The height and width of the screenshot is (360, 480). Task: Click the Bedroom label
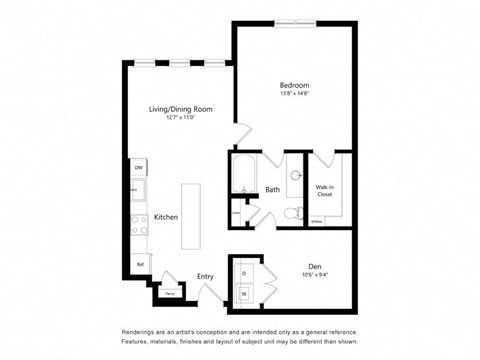tap(294, 86)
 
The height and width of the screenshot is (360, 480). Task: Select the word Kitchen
tap(166, 217)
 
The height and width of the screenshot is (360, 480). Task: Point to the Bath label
tap(272, 190)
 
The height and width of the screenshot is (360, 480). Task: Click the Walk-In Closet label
tap(325, 191)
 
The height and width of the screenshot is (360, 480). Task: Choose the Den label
tap(315, 266)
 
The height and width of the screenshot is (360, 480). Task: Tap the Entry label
tap(206, 277)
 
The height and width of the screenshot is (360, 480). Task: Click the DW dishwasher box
tap(139, 167)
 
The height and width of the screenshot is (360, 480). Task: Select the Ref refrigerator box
tap(140, 265)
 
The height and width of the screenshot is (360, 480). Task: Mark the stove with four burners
tap(140, 226)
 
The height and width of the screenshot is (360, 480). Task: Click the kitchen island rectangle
tap(191, 216)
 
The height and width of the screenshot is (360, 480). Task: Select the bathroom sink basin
tap(296, 175)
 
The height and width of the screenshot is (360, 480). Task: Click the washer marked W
tap(244, 293)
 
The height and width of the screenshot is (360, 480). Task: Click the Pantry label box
tap(170, 294)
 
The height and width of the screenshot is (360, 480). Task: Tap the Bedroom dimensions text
tap(294, 95)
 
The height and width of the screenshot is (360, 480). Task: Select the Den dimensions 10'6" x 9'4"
tap(315, 275)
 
